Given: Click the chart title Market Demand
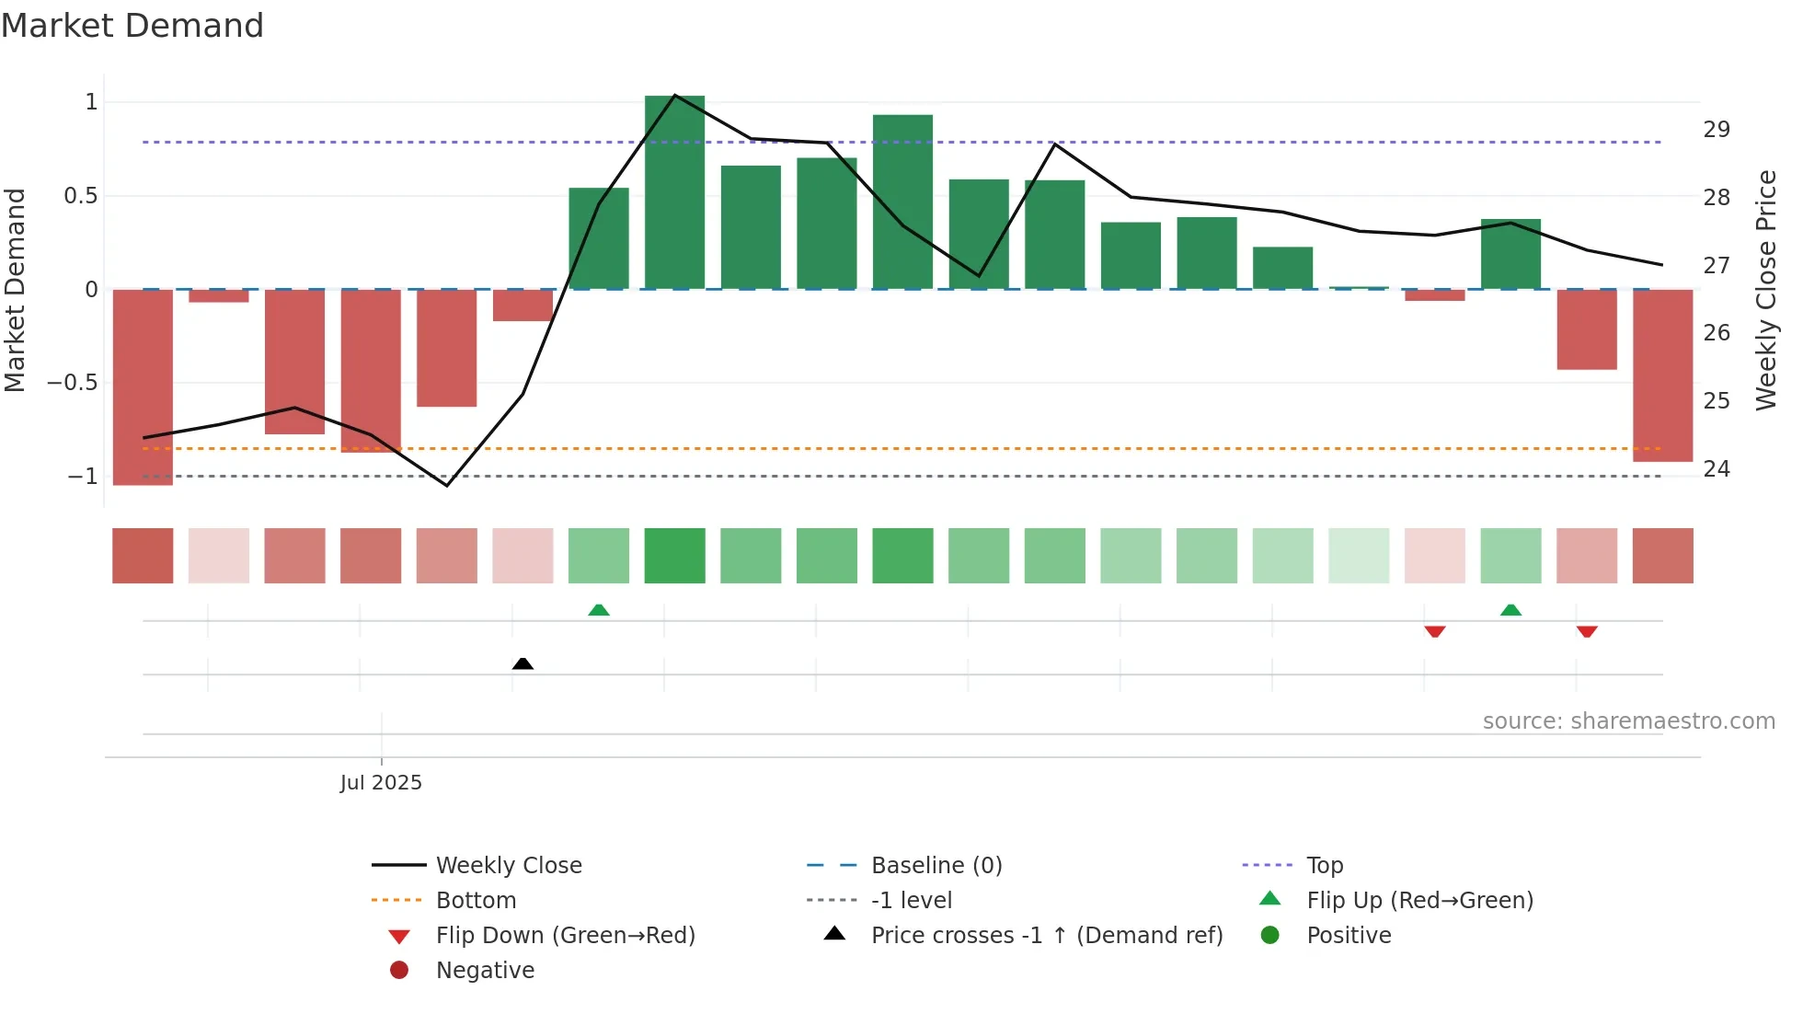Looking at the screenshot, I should [132, 26].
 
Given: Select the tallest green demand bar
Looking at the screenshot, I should [674, 193].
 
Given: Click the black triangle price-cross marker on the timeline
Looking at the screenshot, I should [523, 663].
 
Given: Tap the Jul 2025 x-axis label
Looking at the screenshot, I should [381, 783].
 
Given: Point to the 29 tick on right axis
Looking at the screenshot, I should [1716, 130].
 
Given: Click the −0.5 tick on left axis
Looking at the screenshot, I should [73, 383].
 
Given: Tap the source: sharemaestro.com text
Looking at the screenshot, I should [1628, 721].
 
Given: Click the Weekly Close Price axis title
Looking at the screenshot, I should [1765, 290].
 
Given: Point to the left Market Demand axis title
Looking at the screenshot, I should [16, 290].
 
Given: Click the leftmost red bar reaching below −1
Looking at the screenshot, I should [143, 386].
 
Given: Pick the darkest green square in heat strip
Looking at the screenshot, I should [674, 556].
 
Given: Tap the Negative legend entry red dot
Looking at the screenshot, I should [399, 971].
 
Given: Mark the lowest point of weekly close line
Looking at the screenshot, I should [447, 485].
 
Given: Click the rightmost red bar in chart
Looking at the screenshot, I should [1662, 375].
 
